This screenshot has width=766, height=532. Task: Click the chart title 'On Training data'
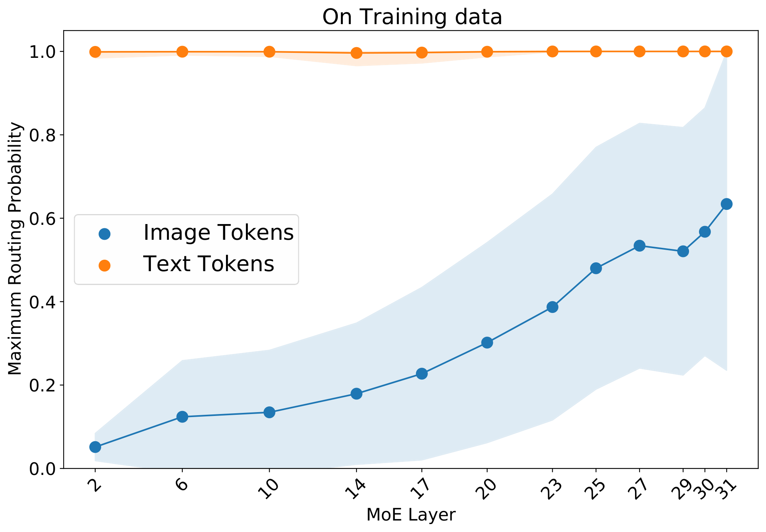(412, 17)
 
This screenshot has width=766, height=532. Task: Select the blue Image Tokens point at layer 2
(95, 447)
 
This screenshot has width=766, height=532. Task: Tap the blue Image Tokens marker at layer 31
(727, 204)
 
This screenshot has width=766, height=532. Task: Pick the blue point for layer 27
(639, 246)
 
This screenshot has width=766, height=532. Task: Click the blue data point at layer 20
(487, 342)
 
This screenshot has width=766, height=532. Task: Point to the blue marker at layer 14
(356, 394)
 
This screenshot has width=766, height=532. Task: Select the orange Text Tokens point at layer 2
(95, 52)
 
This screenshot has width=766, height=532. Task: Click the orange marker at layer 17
(421, 52)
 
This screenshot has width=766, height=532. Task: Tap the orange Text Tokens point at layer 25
(596, 51)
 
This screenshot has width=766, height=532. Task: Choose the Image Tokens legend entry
(218, 232)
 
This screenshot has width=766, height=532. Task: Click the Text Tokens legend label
(209, 264)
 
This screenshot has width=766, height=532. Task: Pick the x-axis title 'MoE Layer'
(411, 515)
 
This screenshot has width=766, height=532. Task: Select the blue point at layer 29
(683, 252)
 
